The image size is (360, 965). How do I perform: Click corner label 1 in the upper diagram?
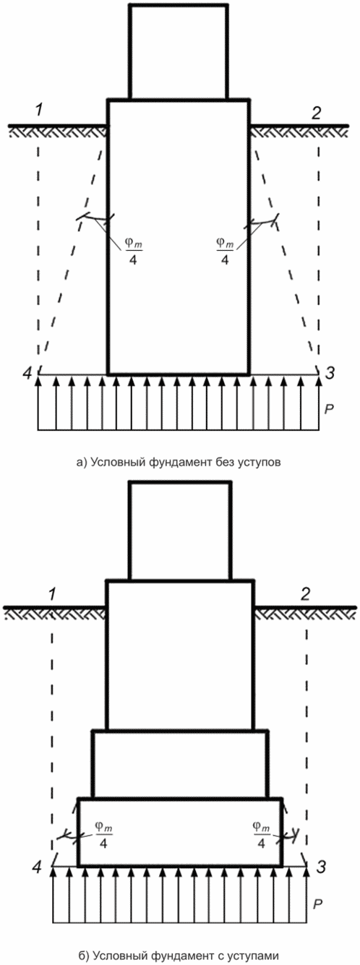click(x=40, y=111)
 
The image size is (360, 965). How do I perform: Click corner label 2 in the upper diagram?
click(x=317, y=113)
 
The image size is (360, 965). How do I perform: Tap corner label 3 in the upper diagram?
click(x=330, y=373)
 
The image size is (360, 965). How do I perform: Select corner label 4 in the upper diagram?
click(x=28, y=373)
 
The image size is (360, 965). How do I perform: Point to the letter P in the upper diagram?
click(x=329, y=409)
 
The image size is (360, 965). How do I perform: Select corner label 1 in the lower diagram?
click(x=52, y=594)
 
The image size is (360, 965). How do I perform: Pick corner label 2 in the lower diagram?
click(x=305, y=594)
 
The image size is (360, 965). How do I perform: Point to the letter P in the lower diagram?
click(x=317, y=904)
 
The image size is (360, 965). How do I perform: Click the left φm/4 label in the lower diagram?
click(x=103, y=834)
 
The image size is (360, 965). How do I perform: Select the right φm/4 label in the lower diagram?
click(x=261, y=834)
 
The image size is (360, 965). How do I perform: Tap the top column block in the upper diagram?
click(x=179, y=52)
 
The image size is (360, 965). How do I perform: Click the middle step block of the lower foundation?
click(x=181, y=763)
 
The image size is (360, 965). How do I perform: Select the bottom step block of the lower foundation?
click(x=181, y=832)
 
